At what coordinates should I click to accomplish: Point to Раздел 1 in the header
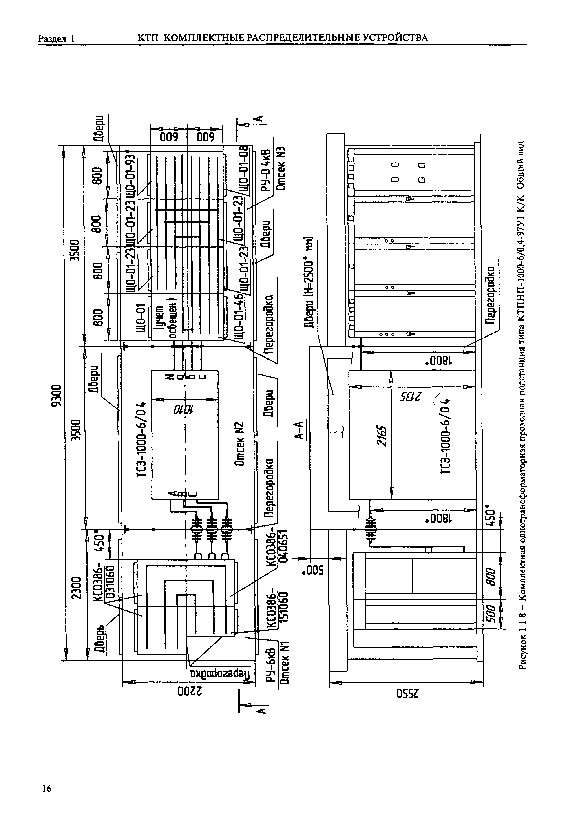(56, 38)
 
